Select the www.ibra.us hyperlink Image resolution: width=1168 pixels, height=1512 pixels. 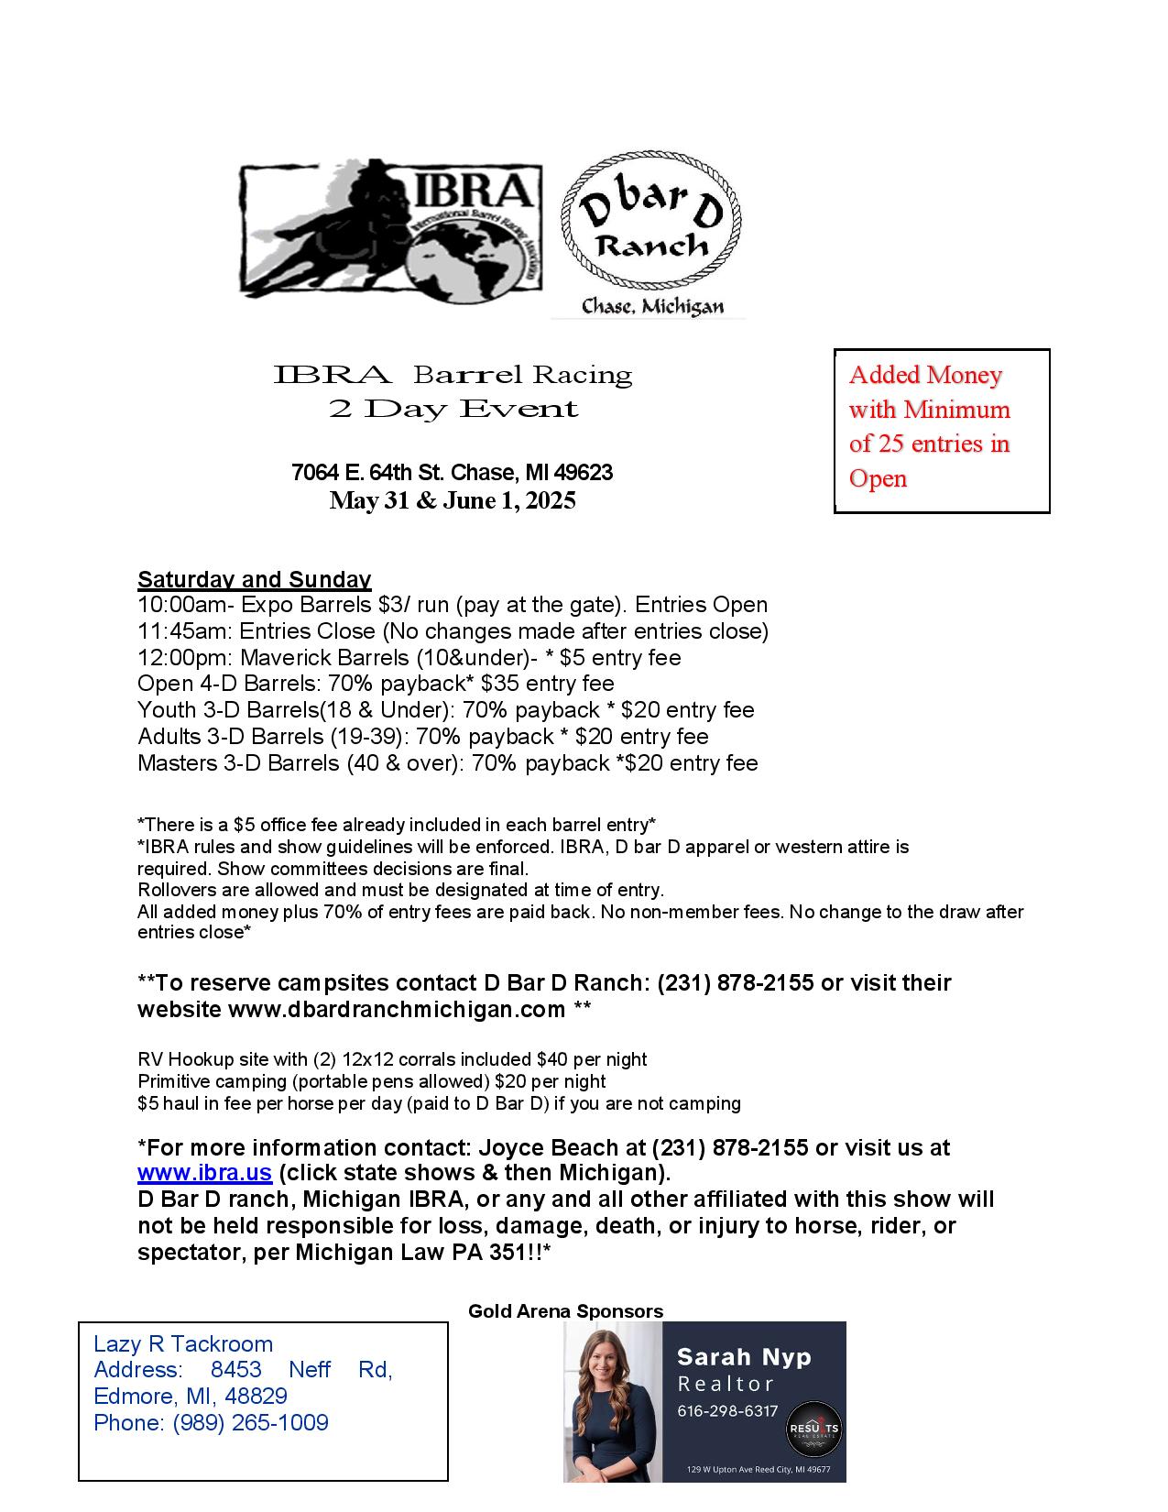pos(204,1174)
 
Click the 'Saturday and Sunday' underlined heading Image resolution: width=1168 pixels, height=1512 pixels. pos(254,579)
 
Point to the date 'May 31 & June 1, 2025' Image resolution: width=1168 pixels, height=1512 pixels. pos(453,500)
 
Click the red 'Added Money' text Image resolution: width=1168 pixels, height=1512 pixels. pos(925,375)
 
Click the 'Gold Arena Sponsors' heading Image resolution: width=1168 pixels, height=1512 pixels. pos(565,1311)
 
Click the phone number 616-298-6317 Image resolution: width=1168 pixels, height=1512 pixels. pos(727,1411)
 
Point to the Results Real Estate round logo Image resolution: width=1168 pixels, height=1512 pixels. pos(813,1430)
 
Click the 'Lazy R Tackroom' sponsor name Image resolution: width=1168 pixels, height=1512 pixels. pos(183,1344)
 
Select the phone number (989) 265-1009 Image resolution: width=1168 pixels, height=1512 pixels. pos(250,1423)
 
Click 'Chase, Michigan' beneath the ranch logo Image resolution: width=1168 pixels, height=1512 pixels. pos(652,308)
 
